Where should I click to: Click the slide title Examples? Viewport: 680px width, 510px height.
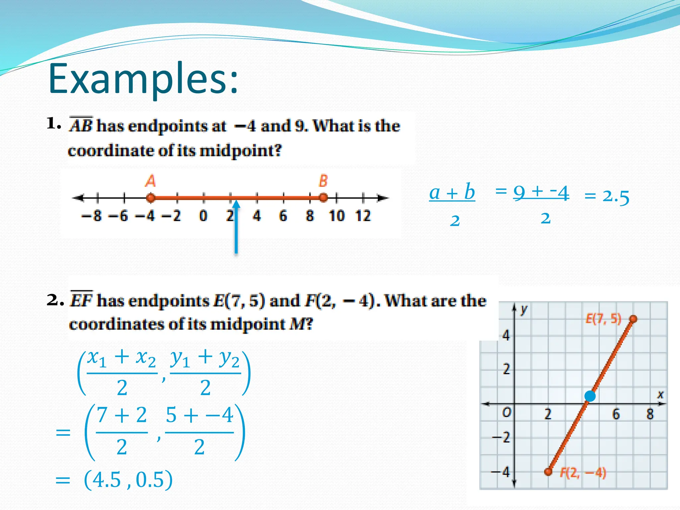143,79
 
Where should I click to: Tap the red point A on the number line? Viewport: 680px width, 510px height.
150,198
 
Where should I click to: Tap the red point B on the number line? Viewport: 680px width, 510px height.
323,198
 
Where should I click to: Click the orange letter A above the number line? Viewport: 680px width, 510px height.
150,181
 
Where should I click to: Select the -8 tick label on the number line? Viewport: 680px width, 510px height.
92,216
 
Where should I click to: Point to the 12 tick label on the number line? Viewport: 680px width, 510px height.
363,216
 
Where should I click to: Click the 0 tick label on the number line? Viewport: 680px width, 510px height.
203,216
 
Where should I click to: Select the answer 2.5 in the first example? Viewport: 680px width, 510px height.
616,196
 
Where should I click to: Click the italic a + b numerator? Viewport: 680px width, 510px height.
452,192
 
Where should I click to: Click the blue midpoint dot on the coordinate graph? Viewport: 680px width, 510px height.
590,396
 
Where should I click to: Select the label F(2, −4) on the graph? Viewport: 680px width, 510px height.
583,473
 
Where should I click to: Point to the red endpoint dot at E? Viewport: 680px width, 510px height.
633,319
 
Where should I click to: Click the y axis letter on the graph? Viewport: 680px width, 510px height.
524,309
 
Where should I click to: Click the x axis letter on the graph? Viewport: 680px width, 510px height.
660,394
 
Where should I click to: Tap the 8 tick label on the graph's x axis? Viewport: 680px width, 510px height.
650,414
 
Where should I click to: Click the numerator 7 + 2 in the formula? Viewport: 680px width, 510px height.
122,415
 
